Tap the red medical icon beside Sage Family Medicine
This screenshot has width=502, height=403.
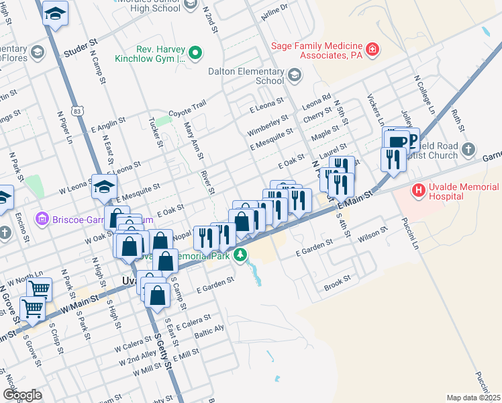coord(372,50)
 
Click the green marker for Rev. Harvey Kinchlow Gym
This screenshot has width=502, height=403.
coord(195,52)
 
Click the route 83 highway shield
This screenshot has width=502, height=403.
coord(79,110)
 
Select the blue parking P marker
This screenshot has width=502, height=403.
coord(411,141)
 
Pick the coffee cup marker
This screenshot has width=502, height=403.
coord(397,141)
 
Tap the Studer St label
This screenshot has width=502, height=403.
coord(81,50)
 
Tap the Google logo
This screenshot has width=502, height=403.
coord(22,395)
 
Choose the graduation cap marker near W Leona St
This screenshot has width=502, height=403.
coord(104,186)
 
